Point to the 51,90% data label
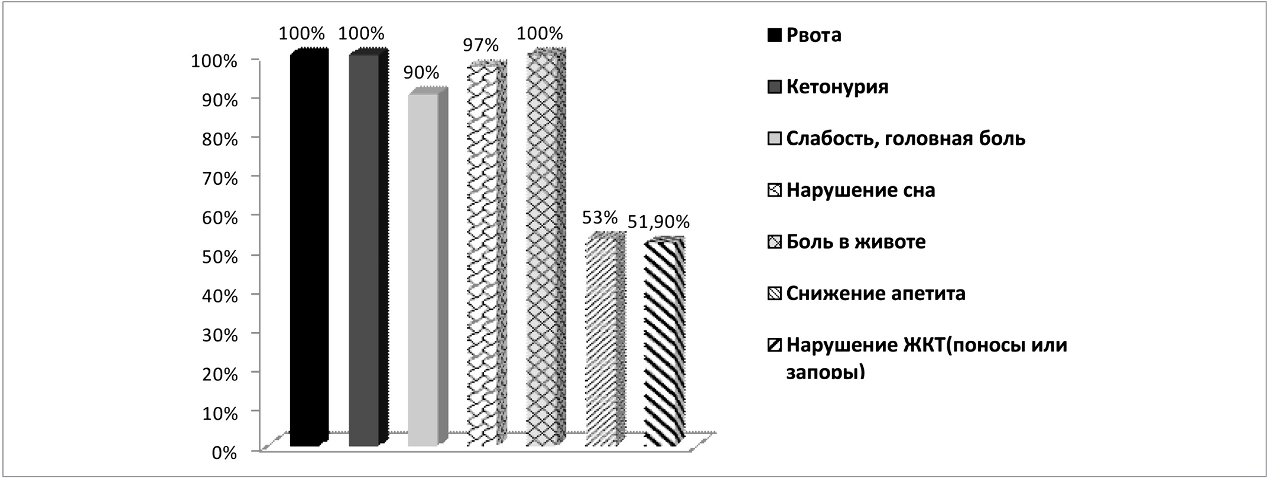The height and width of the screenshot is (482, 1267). click(658, 222)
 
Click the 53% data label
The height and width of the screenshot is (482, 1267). click(599, 218)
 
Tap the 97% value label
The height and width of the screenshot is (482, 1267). click(481, 45)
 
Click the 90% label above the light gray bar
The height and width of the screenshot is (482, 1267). click(421, 73)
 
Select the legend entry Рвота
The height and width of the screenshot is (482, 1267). click(813, 35)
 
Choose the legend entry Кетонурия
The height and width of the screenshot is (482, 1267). click(837, 87)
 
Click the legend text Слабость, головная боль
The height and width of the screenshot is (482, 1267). click(905, 139)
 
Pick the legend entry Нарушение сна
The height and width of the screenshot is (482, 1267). click(860, 191)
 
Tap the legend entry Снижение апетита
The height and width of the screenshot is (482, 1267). click(875, 294)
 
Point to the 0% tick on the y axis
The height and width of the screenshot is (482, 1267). click(225, 453)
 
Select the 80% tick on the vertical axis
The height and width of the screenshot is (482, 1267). click(220, 140)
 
